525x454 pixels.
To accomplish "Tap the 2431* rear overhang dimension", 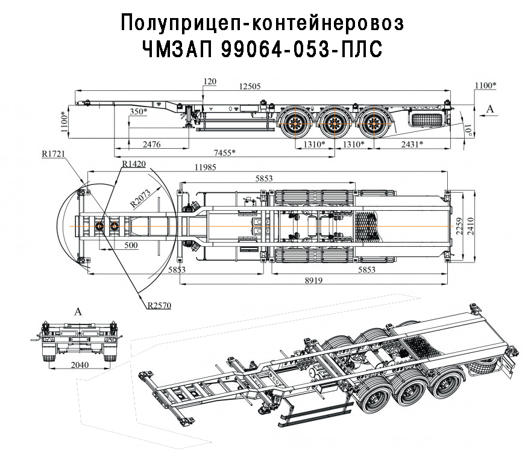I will (x=409, y=145).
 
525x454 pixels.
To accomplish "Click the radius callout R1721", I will (x=54, y=154).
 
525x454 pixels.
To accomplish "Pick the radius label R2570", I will (x=159, y=305).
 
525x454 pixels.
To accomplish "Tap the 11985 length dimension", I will (x=203, y=167).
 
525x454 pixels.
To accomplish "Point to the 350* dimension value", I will (x=139, y=112).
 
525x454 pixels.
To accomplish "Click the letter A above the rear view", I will (x=77, y=311).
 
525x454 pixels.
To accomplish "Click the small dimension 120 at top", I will (x=210, y=81).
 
